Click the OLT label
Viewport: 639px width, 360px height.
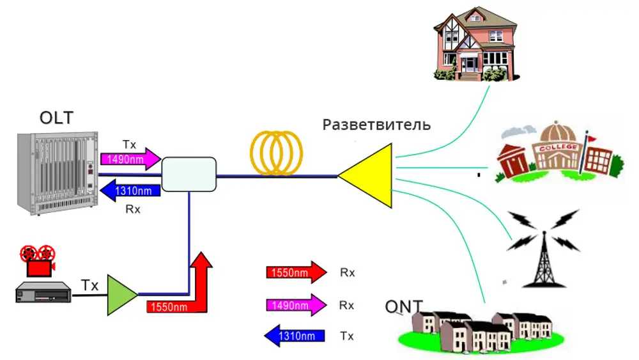56,118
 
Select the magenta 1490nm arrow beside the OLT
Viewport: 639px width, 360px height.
130,159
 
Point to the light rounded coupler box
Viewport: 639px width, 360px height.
189,175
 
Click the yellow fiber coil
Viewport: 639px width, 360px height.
277,153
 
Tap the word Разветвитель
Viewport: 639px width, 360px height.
376,124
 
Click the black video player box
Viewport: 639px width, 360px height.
42,292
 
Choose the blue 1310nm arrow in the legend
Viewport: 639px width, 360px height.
295,336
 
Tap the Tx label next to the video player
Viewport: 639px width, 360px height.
89,285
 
